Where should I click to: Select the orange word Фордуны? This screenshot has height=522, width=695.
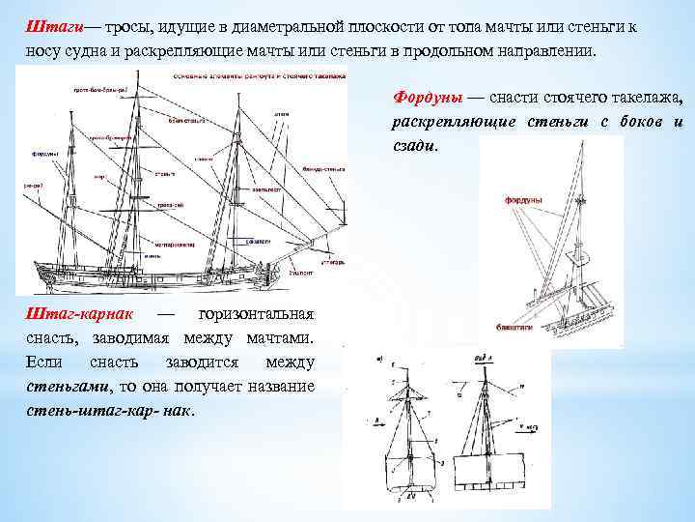click(x=427, y=99)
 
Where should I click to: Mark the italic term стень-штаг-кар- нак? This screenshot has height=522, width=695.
click(x=107, y=410)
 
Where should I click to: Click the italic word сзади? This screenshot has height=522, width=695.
click(x=414, y=148)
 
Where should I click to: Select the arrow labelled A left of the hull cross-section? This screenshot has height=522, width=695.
click(x=372, y=422)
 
